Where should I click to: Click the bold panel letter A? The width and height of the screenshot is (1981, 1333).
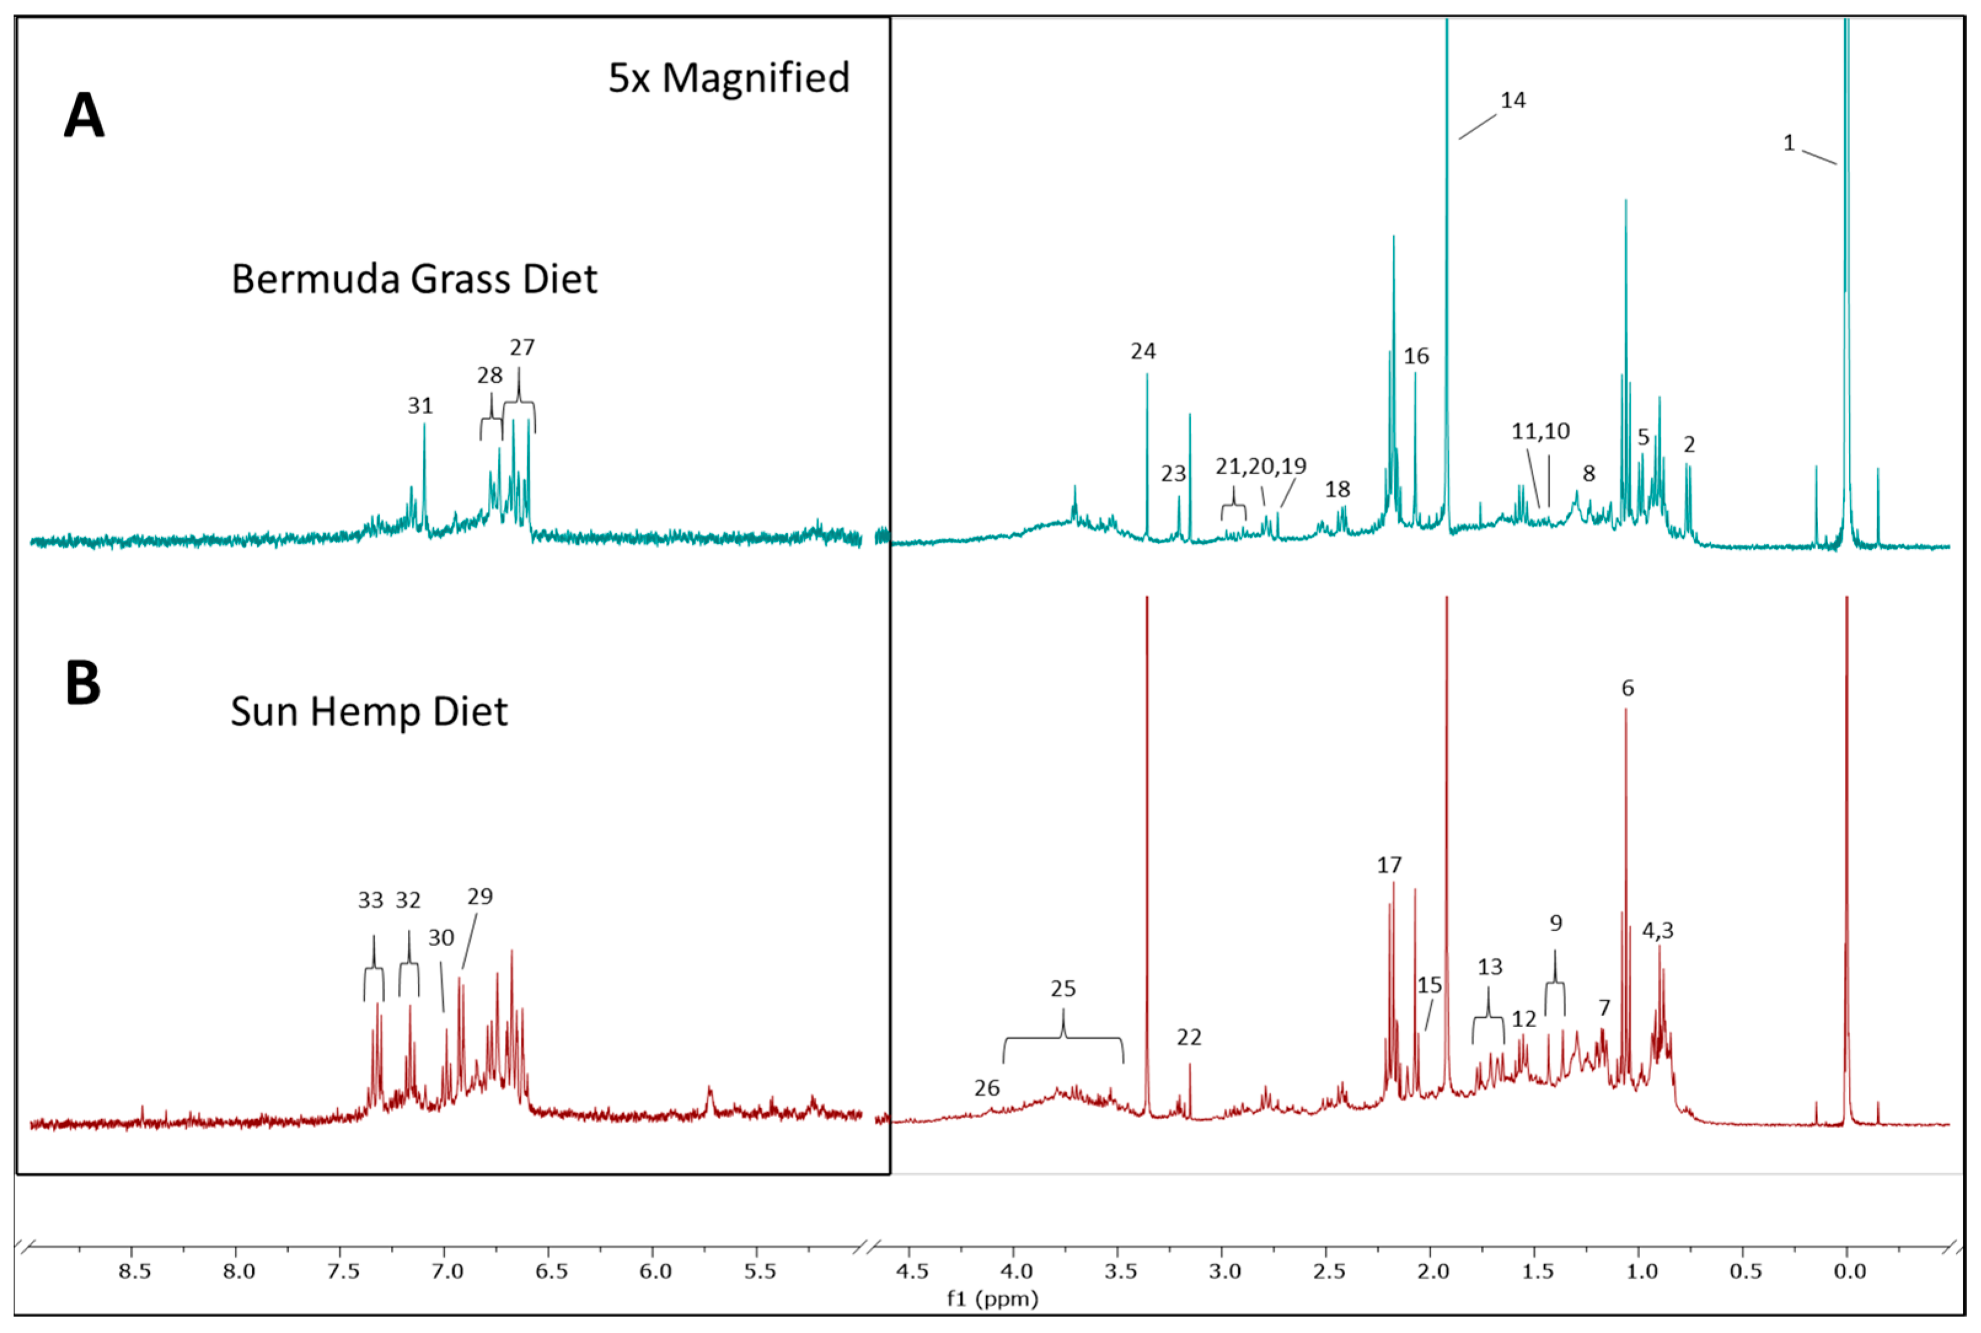pyautogui.click(x=84, y=117)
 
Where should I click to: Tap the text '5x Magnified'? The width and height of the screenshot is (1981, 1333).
pyautogui.click(x=729, y=78)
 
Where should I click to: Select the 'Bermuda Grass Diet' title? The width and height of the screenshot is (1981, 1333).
pyautogui.click(x=414, y=279)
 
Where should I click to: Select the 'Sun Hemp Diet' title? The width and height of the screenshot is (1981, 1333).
pyautogui.click(x=369, y=711)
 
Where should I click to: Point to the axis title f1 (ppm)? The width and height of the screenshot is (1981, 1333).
pyautogui.click(x=992, y=1298)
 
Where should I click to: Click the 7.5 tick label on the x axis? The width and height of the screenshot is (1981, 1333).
pyautogui.click(x=343, y=1272)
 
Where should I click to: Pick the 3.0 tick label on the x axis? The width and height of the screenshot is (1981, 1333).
pyautogui.click(x=1225, y=1272)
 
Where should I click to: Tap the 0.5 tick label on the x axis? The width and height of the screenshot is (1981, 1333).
pyautogui.click(x=1746, y=1272)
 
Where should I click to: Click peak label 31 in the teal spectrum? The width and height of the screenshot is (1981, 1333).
pyautogui.click(x=420, y=405)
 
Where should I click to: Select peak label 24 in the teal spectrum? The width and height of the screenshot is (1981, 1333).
pyautogui.click(x=1143, y=351)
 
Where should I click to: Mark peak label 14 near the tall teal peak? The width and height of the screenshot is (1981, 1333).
pyautogui.click(x=1513, y=100)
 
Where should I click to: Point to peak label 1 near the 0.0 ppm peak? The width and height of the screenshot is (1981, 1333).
pyautogui.click(x=1789, y=143)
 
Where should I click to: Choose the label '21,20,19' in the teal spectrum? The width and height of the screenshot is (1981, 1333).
pyautogui.click(x=1260, y=466)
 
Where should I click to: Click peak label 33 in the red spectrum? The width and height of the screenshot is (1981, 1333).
pyautogui.click(x=371, y=901)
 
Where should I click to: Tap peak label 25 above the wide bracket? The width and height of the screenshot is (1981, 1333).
pyautogui.click(x=1063, y=989)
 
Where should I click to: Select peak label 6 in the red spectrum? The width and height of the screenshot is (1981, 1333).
pyautogui.click(x=1627, y=688)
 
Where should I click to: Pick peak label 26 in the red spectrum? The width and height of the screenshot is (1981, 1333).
pyautogui.click(x=986, y=1088)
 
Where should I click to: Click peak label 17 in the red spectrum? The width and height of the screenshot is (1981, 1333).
pyautogui.click(x=1389, y=866)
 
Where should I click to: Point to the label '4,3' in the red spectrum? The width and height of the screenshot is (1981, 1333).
pyautogui.click(x=1657, y=931)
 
